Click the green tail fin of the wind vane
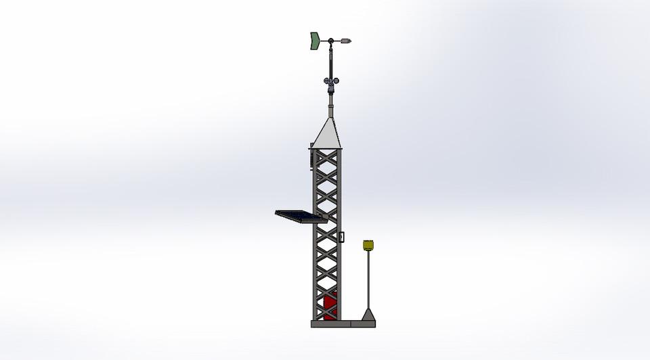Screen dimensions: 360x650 coord(314,41)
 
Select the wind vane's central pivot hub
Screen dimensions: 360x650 coord(330,42)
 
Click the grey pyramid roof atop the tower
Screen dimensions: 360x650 coord(326,133)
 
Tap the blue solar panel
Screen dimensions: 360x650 coord(298,216)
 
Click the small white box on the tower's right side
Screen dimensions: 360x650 coord(341,237)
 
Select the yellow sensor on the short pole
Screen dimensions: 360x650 coord(368,244)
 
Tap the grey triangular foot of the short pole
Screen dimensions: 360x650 coord(368,315)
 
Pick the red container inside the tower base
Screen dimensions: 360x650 coord(330,306)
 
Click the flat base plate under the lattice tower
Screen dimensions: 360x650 coord(330,324)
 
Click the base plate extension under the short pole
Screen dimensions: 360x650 coord(363,324)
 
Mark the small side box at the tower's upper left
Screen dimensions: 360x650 coord(311,156)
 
